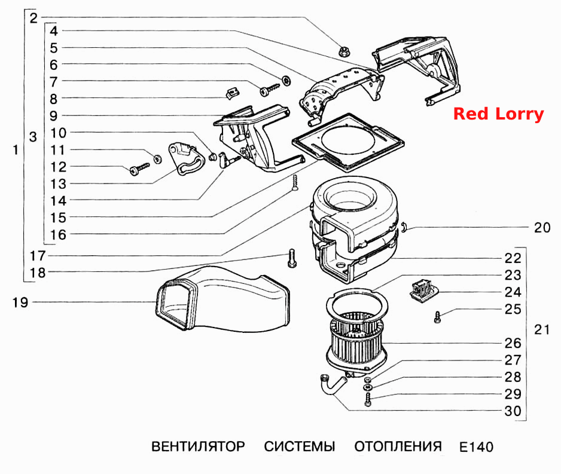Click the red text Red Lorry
[x=498, y=114]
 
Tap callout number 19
[x=20, y=302]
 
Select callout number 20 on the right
[x=542, y=228]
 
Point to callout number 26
[x=513, y=343]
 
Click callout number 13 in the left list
[x=59, y=184]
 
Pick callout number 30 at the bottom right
[x=513, y=411]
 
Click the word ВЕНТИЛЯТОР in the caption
[x=198, y=447]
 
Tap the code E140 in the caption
[x=476, y=447]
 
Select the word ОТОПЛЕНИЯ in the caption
[x=398, y=447]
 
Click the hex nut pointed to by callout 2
[x=344, y=51]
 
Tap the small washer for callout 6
[x=286, y=81]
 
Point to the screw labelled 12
[x=139, y=169]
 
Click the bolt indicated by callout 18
[x=292, y=258]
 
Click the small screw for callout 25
[x=437, y=317]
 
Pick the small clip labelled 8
[x=232, y=93]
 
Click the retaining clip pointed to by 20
[x=404, y=227]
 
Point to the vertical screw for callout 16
[x=295, y=182]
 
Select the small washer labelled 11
[x=157, y=158]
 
